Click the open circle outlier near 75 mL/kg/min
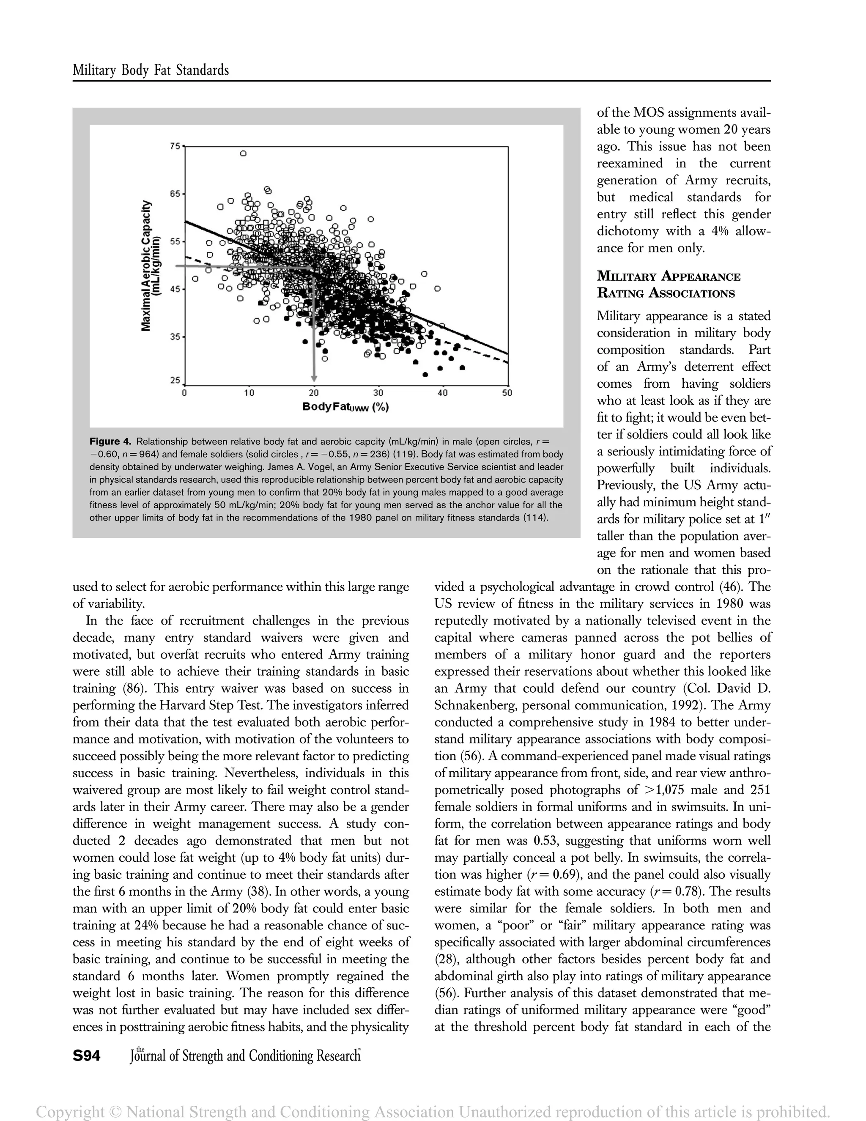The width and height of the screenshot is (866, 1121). click(x=243, y=153)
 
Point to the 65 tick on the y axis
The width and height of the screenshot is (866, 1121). click(x=175, y=194)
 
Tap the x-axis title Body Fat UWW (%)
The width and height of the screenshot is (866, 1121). click(x=345, y=407)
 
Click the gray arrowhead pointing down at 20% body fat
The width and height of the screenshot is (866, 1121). click(x=314, y=378)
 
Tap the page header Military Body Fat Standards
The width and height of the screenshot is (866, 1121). click(x=151, y=70)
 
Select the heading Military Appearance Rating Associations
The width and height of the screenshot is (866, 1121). click(x=669, y=285)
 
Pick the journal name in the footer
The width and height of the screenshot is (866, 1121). click(x=245, y=1056)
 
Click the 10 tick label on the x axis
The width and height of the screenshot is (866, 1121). click(x=249, y=393)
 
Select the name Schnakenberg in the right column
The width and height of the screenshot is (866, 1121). click(x=475, y=706)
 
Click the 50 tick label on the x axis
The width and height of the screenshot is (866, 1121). click(x=507, y=393)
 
